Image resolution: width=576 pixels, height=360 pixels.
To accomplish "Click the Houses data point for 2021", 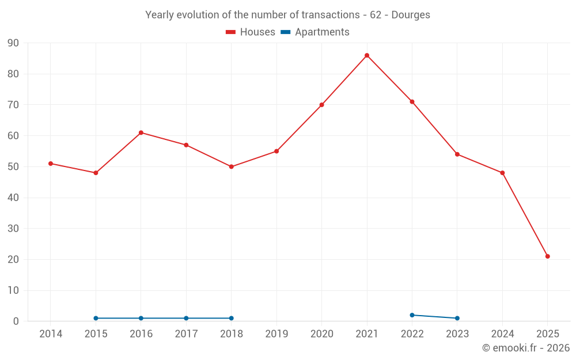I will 367,55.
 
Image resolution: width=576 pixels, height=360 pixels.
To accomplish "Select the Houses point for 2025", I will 548,256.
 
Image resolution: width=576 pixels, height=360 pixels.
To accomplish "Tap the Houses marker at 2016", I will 141,132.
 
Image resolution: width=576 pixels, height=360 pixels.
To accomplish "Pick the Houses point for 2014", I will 51,164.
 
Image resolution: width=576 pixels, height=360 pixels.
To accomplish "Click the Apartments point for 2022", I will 412,315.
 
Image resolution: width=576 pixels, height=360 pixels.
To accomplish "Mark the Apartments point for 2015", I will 96,318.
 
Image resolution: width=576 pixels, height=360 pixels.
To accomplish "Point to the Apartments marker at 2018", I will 232,318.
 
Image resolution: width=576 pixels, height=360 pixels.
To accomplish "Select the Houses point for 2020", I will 321,105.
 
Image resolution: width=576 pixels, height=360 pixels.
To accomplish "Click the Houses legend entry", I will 251,32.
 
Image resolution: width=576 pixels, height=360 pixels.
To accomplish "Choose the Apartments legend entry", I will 315,32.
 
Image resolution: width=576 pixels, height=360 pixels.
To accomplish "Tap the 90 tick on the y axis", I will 13,43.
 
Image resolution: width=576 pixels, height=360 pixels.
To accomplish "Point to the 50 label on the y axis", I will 13,167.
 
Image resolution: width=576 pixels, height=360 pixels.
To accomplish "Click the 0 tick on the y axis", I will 16,321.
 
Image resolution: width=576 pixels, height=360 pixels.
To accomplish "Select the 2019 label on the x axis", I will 276,334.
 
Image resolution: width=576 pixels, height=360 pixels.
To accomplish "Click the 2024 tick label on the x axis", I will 502,334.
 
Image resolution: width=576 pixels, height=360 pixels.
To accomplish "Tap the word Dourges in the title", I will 411,15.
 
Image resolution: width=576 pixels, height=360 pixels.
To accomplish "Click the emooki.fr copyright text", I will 525,348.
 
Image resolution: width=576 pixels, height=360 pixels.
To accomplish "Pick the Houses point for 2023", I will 457,154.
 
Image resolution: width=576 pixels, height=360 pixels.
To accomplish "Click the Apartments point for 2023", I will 457,318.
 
